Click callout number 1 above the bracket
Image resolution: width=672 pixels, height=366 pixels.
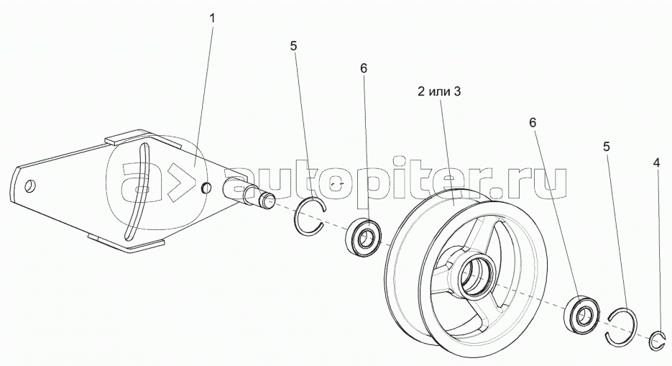tap(212, 17)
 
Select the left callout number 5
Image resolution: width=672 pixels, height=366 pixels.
tap(293, 47)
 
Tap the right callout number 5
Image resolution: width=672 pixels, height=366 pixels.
tap(607, 147)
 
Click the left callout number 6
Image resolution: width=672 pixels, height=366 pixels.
tap(363, 68)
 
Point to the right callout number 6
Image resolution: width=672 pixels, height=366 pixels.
tap(533, 122)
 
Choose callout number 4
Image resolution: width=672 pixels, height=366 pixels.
tap(655, 164)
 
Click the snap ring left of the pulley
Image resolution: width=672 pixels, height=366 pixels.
tap(310, 216)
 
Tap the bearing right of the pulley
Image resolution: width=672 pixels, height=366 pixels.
tap(583, 312)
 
